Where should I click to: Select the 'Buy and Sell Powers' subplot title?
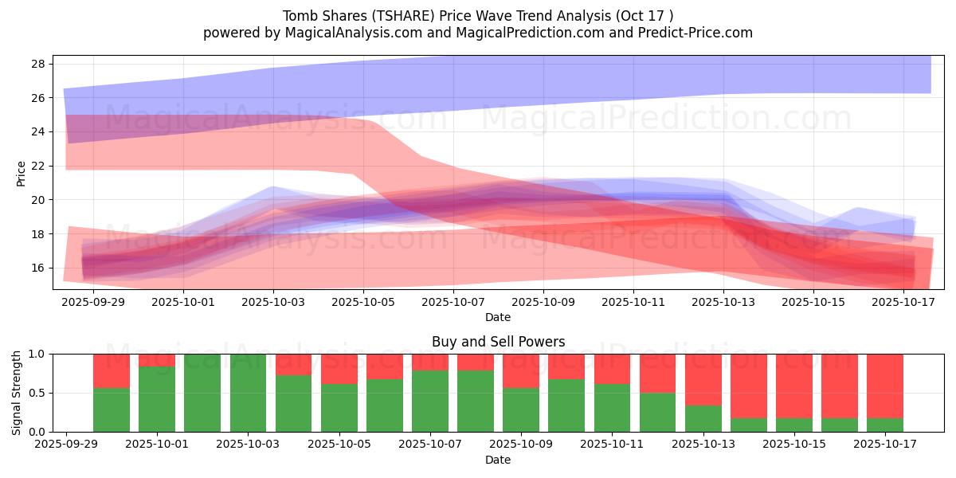click(498, 342)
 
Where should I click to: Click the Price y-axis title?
click(21, 172)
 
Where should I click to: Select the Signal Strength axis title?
click(17, 393)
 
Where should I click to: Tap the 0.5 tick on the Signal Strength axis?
click(37, 393)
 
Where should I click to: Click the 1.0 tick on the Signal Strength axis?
click(37, 354)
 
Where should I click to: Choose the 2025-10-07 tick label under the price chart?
click(453, 302)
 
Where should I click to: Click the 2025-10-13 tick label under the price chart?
click(723, 302)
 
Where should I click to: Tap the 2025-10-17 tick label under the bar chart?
click(885, 445)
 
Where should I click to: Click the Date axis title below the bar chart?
click(498, 460)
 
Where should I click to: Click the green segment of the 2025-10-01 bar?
click(157, 398)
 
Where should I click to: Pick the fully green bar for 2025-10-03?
click(248, 393)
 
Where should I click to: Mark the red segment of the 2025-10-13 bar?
click(703, 379)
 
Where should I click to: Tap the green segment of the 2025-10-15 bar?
click(794, 425)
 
